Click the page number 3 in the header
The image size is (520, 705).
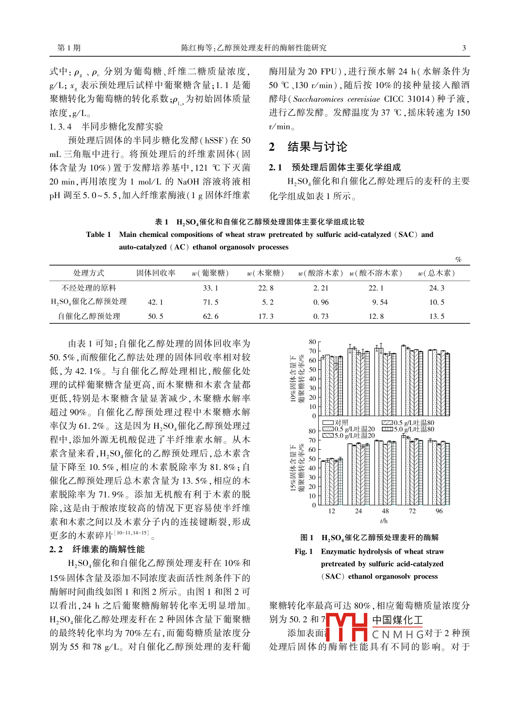464,48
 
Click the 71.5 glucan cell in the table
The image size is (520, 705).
211,302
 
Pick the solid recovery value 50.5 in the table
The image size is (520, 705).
155,316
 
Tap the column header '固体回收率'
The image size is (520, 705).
156,273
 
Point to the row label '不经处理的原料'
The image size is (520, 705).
89,288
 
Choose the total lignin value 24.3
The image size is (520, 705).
437,288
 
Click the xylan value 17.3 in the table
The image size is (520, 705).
266,316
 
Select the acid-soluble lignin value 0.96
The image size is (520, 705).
321,302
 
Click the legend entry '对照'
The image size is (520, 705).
336,423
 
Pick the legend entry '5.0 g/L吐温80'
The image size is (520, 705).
408,429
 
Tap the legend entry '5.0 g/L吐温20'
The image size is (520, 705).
349,436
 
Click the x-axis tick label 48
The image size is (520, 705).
385,511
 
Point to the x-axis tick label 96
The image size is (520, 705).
439,511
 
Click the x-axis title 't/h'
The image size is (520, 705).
384,521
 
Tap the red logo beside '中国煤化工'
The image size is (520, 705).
347,627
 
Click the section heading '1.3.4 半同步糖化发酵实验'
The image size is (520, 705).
106,127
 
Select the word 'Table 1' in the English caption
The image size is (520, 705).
98,235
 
